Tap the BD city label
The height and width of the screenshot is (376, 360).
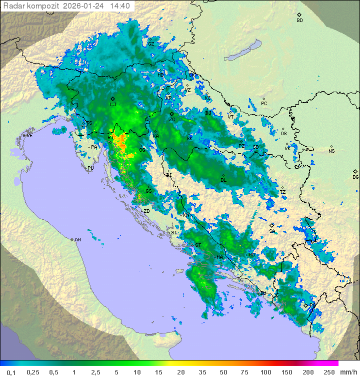(299, 21)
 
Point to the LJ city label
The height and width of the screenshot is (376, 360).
(113, 105)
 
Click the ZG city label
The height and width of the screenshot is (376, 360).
(172, 120)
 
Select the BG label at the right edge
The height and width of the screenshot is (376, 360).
(355, 177)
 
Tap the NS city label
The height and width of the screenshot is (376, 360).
(331, 151)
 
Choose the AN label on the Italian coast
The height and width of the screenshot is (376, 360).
(77, 240)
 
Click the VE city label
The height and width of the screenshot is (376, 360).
(29, 136)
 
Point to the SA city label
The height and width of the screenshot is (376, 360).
(272, 231)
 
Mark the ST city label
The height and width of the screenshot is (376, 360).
(198, 245)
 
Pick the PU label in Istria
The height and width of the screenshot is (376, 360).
(90, 168)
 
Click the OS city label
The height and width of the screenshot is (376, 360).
(283, 134)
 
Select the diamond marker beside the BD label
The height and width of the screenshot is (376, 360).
(299, 15)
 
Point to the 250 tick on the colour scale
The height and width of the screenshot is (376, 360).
(328, 372)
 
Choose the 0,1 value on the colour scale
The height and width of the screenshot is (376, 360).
(11, 372)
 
